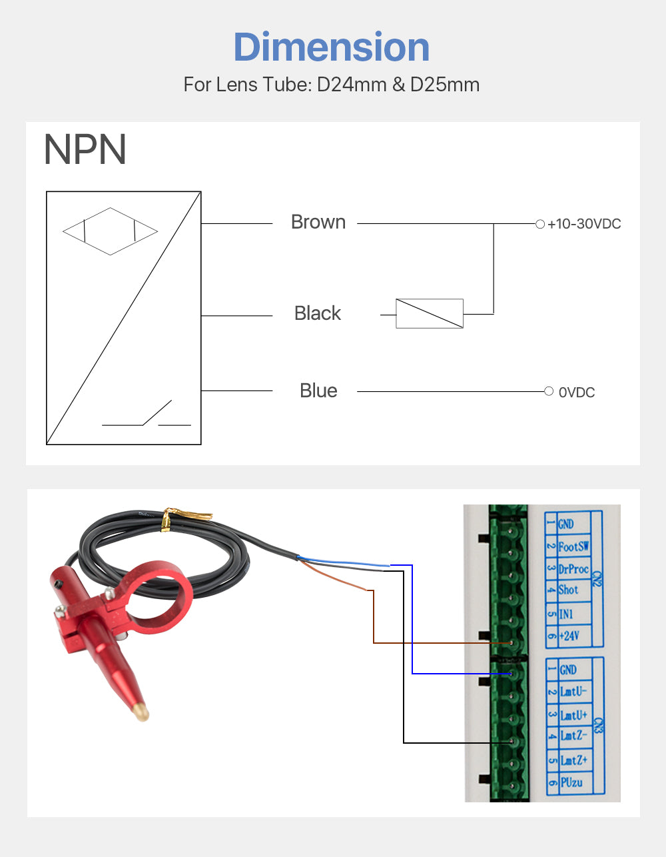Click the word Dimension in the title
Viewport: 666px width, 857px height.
click(x=332, y=47)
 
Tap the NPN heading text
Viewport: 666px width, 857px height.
click(x=85, y=150)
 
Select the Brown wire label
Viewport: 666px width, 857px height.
click(x=318, y=222)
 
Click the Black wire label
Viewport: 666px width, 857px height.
click(x=318, y=313)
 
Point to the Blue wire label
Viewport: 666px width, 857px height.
click(x=318, y=391)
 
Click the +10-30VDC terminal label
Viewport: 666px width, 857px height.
click(x=584, y=224)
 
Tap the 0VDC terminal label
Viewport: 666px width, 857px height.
click(x=577, y=393)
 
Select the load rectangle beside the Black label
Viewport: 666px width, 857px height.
click(x=430, y=313)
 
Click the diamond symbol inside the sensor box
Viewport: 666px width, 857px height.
click(x=110, y=231)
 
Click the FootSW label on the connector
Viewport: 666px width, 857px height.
click(x=573, y=546)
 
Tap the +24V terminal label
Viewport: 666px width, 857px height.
click(x=569, y=635)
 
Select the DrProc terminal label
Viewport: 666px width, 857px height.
click(x=573, y=569)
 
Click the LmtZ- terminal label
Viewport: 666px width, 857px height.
click(x=573, y=736)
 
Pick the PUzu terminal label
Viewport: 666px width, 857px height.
click(x=571, y=782)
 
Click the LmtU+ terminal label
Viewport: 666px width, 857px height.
click(x=573, y=715)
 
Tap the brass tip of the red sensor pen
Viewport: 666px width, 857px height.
click(x=140, y=710)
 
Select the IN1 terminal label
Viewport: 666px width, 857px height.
click(x=566, y=613)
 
